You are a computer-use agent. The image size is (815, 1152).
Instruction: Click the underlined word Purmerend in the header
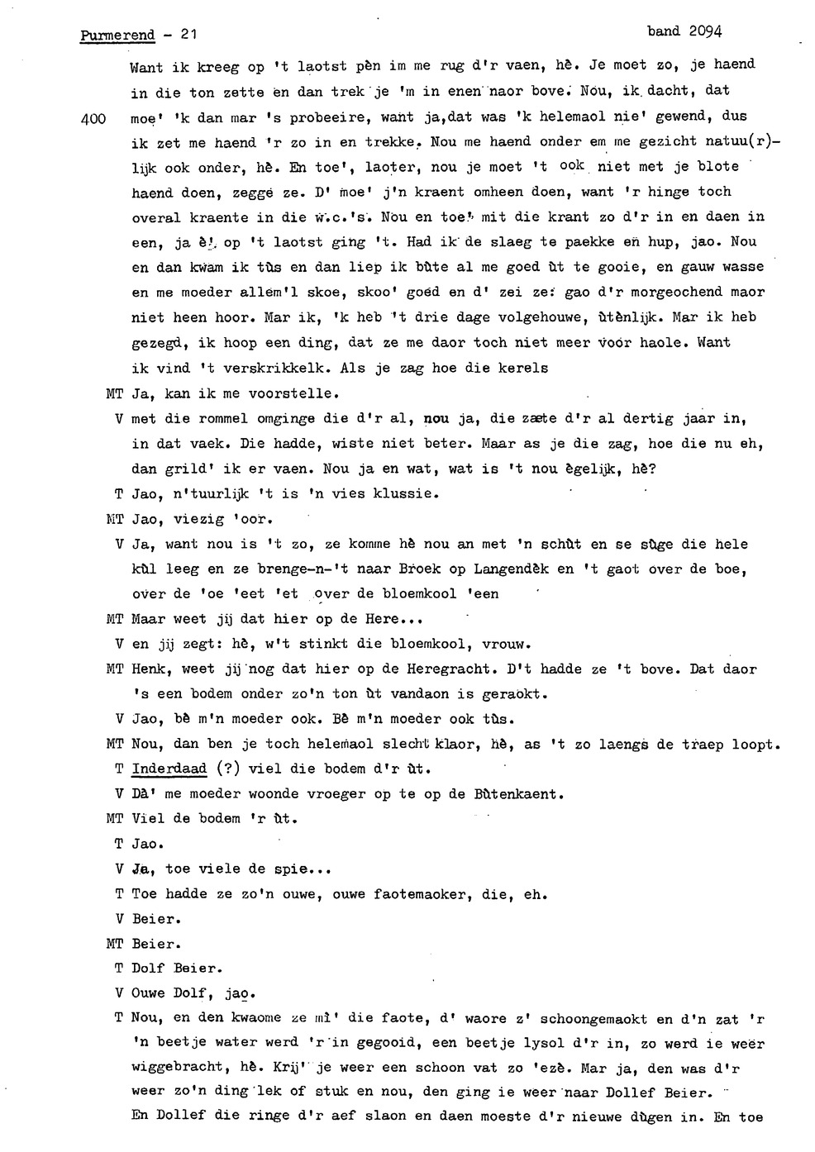117,36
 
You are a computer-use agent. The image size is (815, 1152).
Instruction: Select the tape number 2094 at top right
703,31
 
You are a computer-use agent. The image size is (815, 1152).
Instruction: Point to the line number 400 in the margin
95,118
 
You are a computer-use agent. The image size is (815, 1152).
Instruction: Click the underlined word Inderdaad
169,769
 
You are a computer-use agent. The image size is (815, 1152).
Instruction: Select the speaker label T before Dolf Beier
118,969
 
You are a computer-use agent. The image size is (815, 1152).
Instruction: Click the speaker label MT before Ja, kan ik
115,394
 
